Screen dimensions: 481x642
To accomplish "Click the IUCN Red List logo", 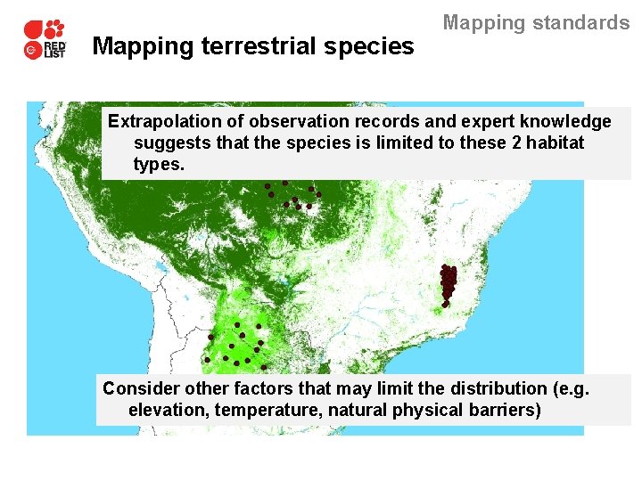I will (x=45, y=39).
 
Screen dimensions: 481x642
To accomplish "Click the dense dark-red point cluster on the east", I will (x=448, y=283).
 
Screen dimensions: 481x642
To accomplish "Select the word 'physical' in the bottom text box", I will (x=432, y=411).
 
